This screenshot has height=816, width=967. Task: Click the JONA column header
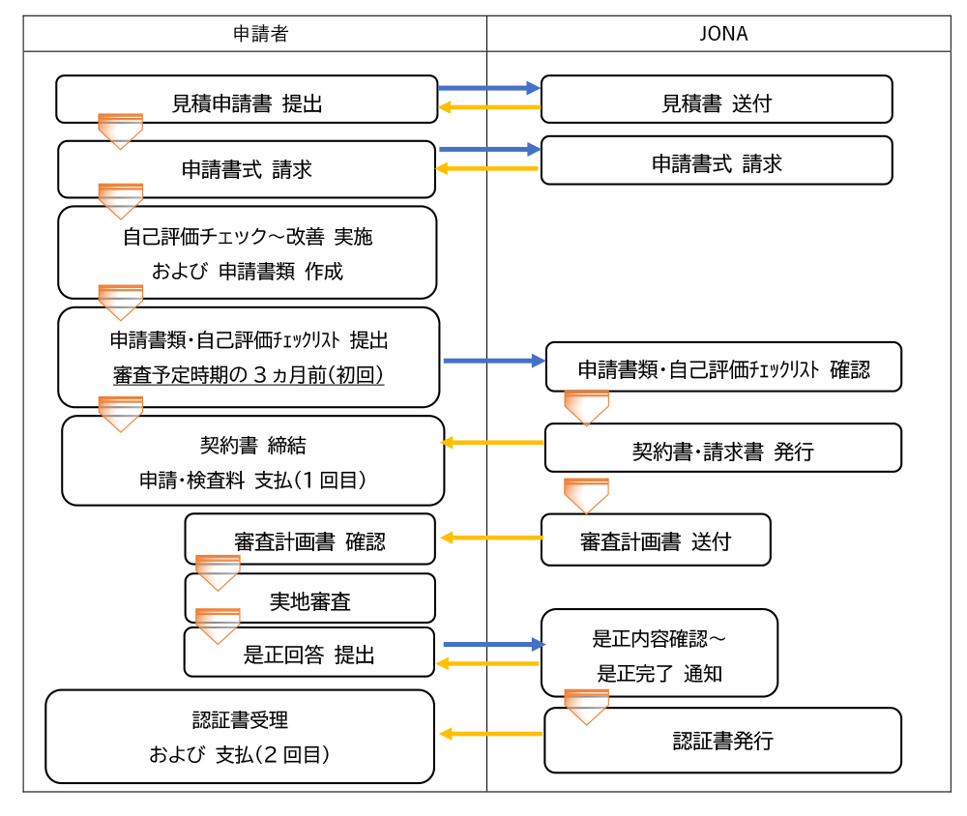723,33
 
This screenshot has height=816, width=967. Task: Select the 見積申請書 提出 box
247,101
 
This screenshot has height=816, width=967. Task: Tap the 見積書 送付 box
716,101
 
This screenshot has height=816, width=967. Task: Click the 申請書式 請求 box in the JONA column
716,160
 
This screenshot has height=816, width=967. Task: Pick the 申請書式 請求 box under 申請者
247,169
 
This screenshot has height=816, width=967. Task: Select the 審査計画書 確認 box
309,539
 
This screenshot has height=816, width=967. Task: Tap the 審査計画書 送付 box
655,539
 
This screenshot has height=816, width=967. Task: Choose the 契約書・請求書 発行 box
722,449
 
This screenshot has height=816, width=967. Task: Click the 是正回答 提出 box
309,654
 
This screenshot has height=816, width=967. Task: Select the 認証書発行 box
722,741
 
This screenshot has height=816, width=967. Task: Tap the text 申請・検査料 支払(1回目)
252,480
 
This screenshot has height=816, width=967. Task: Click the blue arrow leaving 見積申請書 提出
488,88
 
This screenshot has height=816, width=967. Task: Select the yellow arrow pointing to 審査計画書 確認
489,538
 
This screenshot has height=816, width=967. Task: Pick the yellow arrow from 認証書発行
490,734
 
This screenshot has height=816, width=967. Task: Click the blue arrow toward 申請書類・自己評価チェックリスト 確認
494,361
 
